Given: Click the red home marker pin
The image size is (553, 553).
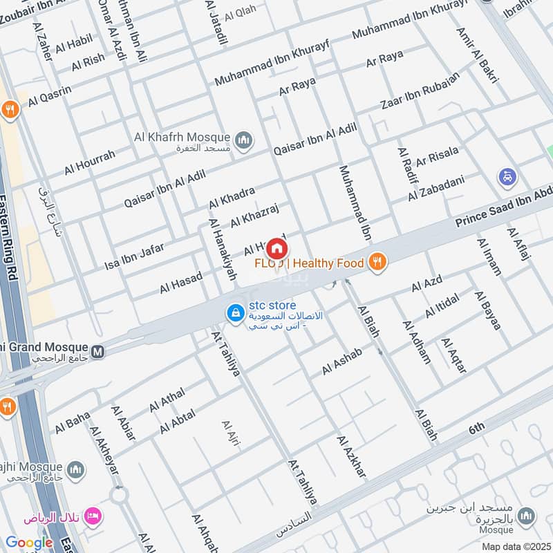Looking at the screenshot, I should pyautogui.click(x=276, y=248).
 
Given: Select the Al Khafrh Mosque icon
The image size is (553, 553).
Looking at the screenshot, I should pyautogui.click(x=243, y=142).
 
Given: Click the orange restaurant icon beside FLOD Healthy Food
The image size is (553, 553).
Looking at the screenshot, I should pyautogui.click(x=377, y=261).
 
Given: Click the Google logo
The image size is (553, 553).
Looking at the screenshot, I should pyautogui.click(x=29, y=543).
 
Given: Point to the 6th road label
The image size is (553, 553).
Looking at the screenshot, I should pyautogui.click(x=477, y=429).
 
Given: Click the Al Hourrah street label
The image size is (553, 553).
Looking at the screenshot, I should pyautogui.click(x=90, y=162).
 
